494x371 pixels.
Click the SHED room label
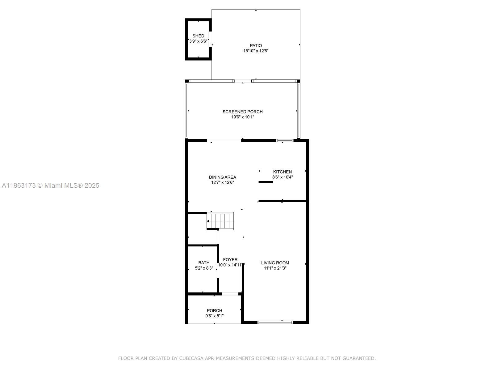(x=198, y=36)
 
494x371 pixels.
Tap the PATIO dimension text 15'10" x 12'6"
(x=256, y=51)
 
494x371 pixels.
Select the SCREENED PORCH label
(x=242, y=112)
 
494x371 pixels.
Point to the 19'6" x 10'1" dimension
(x=242, y=117)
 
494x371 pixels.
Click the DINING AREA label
(x=222, y=177)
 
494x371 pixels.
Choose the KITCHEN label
(x=282, y=172)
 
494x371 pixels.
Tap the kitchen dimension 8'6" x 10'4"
(x=282, y=177)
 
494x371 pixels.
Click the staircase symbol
(x=220, y=221)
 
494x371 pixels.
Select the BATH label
(x=204, y=263)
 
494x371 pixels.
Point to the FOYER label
(x=230, y=260)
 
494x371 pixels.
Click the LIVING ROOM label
(x=275, y=263)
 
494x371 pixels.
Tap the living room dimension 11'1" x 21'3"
(x=275, y=268)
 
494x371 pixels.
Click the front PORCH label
(x=214, y=310)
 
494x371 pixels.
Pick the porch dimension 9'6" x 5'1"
(x=214, y=316)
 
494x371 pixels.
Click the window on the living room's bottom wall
(x=275, y=322)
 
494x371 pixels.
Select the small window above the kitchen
(x=285, y=141)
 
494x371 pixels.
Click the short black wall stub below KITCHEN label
(x=266, y=182)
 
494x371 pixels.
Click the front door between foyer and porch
(x=230, y=294)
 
